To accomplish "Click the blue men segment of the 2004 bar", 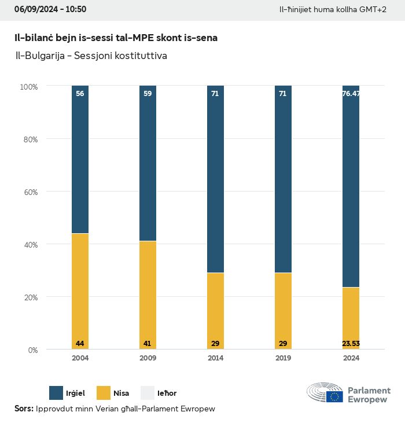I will (80, 159).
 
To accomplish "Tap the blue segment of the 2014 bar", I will (215, 179).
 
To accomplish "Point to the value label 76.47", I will (351, 93).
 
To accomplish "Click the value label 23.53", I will (351, 344).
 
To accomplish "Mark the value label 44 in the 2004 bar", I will (80, 344).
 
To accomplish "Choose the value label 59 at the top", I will (148, 93).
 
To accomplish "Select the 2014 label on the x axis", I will (215, 358).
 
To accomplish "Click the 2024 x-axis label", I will (351, 358).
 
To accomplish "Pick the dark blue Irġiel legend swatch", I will (56, 393).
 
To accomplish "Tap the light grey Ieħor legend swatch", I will (148, 393).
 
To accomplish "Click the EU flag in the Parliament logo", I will (334, 396).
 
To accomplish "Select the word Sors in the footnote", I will (23, 409).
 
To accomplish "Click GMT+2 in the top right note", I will (374, 10).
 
